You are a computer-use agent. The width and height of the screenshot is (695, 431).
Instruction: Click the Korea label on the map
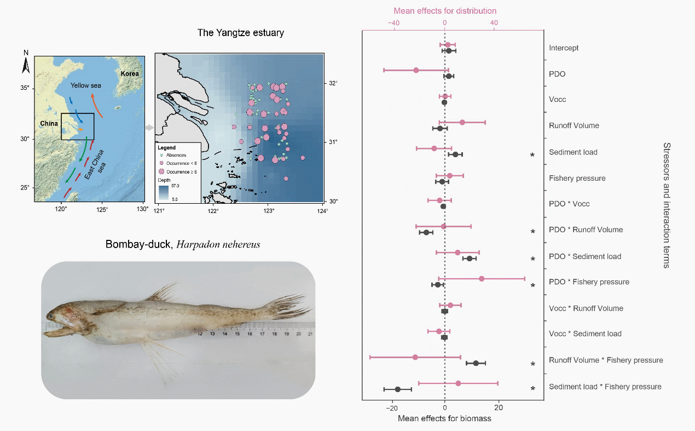[130, 73]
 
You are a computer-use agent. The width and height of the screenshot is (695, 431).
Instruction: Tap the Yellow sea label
[86, 85]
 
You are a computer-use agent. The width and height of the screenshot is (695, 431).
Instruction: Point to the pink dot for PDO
[416, 70]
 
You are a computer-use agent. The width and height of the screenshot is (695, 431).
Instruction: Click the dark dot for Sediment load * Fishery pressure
[398, 389]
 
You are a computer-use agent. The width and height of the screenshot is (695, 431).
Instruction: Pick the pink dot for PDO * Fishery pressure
[482, 279]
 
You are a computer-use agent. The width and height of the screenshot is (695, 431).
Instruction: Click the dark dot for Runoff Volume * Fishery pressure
[476, 363]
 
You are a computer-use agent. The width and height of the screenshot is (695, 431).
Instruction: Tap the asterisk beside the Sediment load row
[532, 156]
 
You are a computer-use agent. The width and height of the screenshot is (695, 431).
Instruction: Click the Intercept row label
[564, 48]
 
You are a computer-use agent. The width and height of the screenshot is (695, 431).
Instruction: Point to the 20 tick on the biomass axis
[498, 407]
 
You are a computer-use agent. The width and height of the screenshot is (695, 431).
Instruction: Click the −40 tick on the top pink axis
[393, 22]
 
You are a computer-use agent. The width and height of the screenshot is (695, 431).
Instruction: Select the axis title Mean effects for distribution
[445, 10]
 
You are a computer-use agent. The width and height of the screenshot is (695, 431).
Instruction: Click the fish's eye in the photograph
[50, 317]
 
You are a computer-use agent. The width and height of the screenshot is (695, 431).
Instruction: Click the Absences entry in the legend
[175, 156]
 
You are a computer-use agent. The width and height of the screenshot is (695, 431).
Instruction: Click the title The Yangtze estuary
[241, 33]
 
